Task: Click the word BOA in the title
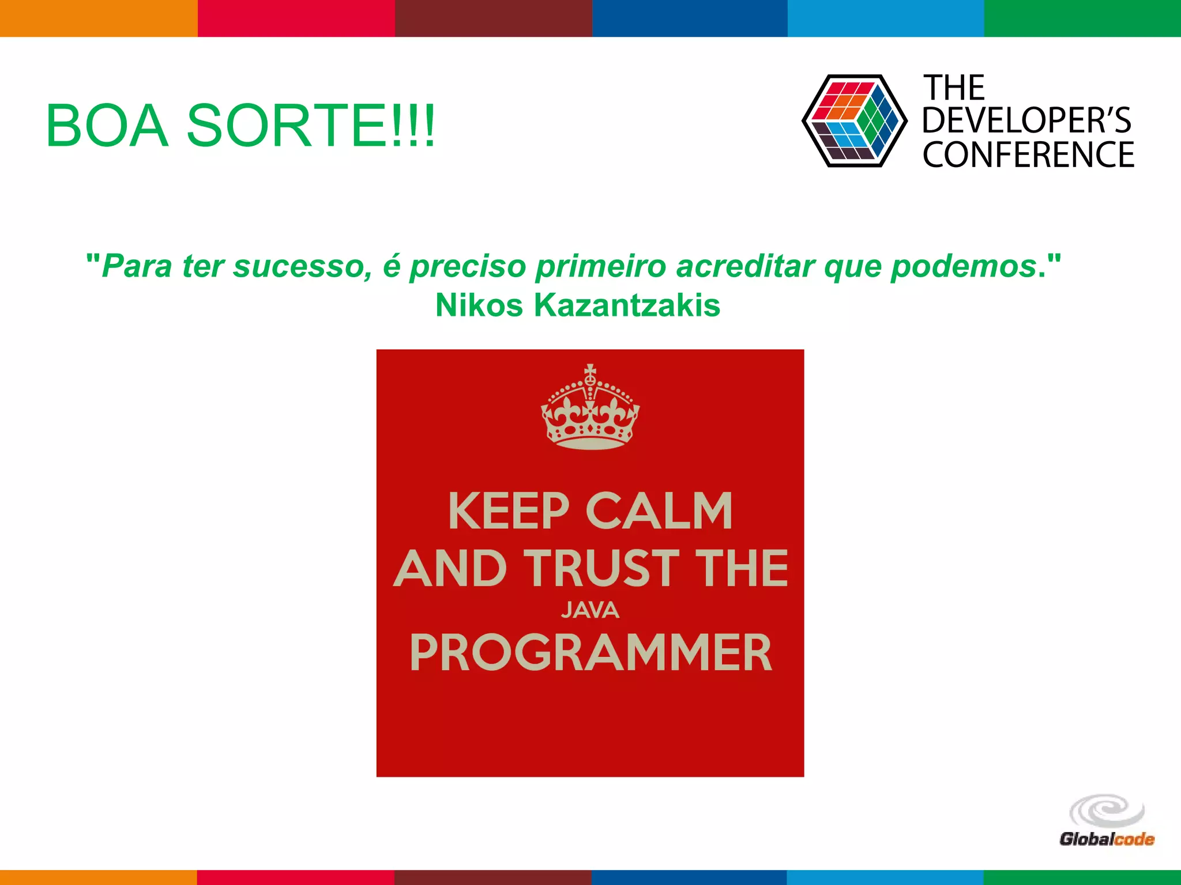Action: [x=107, y=126]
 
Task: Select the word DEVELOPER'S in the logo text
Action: [x=1026, y=121]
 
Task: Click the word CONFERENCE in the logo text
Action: [x=1028, y=154]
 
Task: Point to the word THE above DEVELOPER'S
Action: [x=954, y=88]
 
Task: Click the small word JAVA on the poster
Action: [x=590, y=610]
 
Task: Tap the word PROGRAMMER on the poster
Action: [x=590, y=653]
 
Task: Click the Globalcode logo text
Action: [x=1106, y=839]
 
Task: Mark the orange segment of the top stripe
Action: [x=98, y=18]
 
